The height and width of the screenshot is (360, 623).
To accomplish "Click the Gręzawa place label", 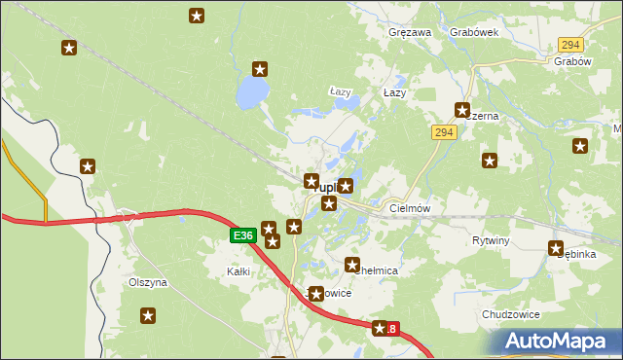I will coord(410,32).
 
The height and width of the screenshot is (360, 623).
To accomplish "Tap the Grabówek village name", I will coord(474,32).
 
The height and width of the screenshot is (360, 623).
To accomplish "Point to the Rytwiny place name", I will coord(491,239).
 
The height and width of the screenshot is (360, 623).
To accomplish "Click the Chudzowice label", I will coord(510,315).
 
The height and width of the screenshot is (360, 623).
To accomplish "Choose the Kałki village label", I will coord(238,271).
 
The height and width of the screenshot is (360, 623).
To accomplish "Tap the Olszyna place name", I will coord(148,282).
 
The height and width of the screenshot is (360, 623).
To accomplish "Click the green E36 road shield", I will coord(243,235).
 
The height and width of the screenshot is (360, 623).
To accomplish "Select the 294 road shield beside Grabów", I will coord(570,46).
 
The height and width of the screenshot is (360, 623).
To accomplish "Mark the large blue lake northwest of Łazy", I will coord(252,93).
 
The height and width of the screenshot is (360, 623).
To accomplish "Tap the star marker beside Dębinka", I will coord(557,248).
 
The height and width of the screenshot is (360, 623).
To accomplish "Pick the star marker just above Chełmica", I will coord(352,264).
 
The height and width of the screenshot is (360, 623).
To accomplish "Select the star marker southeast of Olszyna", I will coord(148,315).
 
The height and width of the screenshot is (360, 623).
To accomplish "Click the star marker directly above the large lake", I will coord(260,68).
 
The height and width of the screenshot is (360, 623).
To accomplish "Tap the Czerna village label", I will coord(484,116).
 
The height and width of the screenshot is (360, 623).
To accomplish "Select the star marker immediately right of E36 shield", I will coord(268,229).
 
